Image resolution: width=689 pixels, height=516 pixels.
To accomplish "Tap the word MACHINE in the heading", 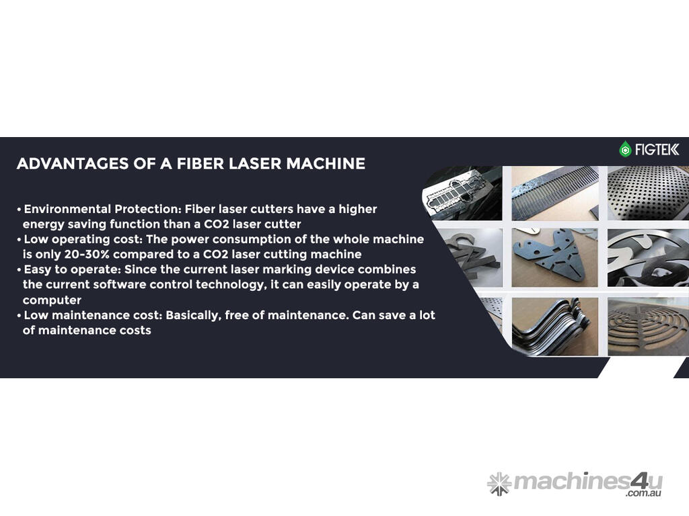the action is click(x=326, y=164).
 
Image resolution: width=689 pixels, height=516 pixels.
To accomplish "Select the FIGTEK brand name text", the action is click(x=657, y=150).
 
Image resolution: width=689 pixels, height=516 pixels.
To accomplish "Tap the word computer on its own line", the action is click(x=52, y=300).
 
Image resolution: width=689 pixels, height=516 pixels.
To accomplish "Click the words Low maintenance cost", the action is click(x=93, y=315).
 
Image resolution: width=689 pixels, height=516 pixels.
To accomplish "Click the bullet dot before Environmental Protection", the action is click(x=19, y=210).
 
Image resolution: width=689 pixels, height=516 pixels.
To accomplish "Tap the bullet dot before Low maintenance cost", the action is click(x=19, y=316).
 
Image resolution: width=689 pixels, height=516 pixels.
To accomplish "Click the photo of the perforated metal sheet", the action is click(x=648, y=193).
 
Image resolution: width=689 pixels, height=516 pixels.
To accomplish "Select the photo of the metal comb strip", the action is click(x=555, y=193).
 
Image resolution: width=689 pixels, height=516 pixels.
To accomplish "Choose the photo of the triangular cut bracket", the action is click(x=555, y=257).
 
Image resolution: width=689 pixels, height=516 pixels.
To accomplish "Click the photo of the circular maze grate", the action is click(x=648, y=327).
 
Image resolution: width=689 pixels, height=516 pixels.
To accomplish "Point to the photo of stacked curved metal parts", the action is click(x=555, y=327).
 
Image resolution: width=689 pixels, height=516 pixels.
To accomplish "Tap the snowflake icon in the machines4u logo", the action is click(x=499, y=484).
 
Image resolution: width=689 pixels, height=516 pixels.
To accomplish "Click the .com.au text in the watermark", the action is click(x=644, y=493).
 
